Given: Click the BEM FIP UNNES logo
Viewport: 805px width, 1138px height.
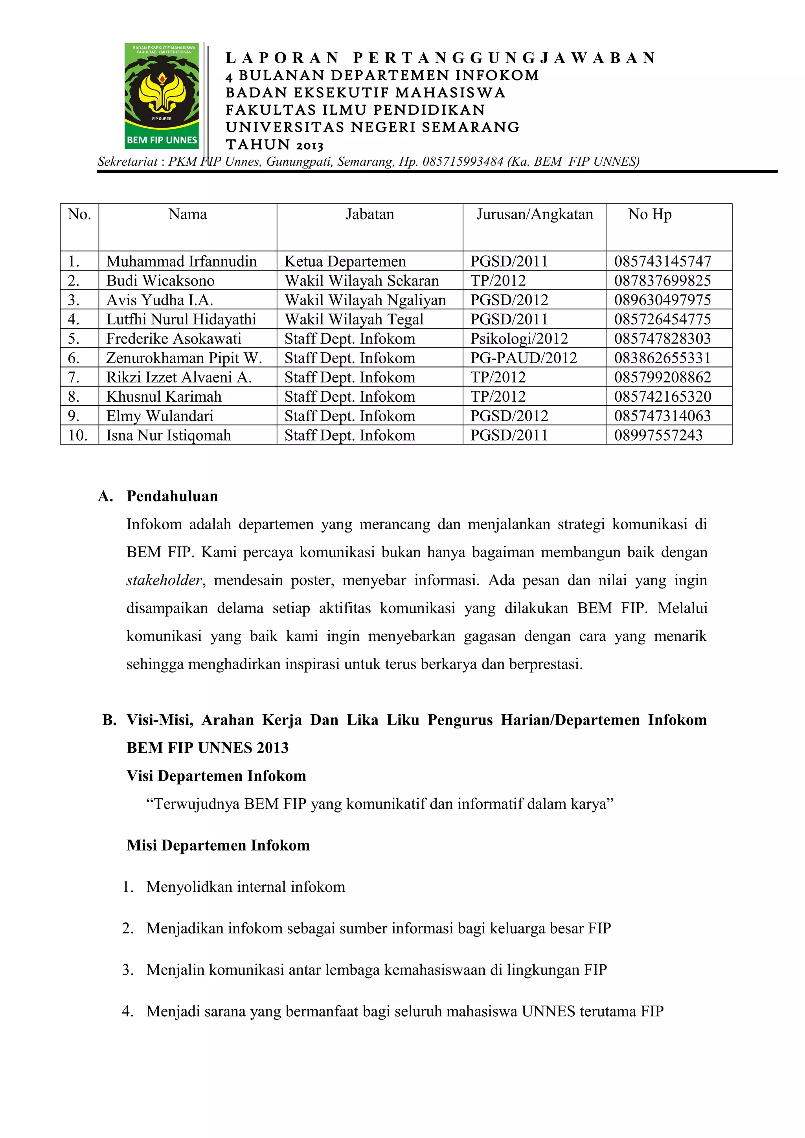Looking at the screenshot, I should (162, 96).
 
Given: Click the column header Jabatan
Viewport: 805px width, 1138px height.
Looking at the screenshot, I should (369, 215).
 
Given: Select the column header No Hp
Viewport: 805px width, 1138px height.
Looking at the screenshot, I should (649, 215).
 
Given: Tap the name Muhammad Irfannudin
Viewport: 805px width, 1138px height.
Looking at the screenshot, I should (182, 261).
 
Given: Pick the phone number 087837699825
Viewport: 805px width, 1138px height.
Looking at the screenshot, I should (662, 280).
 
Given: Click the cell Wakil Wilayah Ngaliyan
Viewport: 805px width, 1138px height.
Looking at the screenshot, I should (365, 300).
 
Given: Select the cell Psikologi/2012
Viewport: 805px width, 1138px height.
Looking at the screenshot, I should (519, 338).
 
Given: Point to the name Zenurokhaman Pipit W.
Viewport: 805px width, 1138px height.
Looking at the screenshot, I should (184, 358).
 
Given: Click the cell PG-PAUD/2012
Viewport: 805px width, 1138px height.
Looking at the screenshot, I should (523, 358).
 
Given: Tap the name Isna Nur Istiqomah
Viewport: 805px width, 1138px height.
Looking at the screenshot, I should (169, 435).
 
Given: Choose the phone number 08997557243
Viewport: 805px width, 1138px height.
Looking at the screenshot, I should (658, 435).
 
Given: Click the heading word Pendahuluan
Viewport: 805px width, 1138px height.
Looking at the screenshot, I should (172, 496).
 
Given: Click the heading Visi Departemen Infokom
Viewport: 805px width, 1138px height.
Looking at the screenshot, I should (216, 776).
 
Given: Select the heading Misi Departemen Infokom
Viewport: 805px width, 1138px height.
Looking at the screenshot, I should (218, 845).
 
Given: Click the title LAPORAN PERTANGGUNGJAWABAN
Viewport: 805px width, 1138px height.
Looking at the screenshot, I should (441, 58).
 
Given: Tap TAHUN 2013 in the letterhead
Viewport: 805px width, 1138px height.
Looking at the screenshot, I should (274, 145).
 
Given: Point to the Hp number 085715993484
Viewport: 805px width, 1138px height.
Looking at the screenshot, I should (463, 161).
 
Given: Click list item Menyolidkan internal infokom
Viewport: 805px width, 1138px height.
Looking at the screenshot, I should (246, 887).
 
